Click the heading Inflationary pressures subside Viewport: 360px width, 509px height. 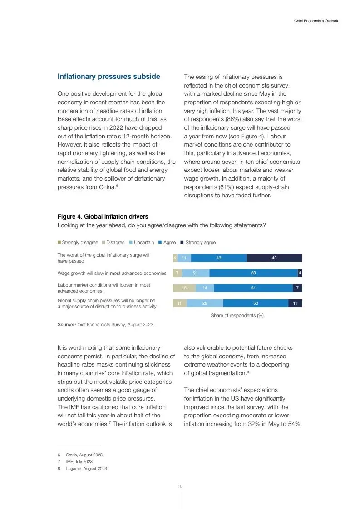tap(108, 77)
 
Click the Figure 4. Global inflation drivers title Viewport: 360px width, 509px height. tap(103, 217)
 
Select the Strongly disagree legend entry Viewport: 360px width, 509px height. tap(78, 243)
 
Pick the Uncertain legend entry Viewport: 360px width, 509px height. tap(142, 243)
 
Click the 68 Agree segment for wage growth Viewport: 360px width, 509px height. tap(253, 273)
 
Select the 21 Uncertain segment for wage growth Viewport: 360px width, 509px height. tap(196, 273)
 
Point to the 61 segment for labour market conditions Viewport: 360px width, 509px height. tap(253, 288)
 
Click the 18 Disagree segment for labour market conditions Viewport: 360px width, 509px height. tap(184, 288)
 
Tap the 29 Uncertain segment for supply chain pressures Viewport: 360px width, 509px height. tap(205, 303)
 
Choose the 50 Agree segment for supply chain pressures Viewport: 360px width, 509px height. tap(256, 303)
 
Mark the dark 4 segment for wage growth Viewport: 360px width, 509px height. tap(300, 273)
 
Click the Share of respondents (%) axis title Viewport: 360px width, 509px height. tap(237, 315)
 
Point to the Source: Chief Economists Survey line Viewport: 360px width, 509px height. tap(105, 325)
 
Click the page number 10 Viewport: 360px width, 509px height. tap(180, 486)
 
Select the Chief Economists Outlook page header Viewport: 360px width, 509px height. tap(316, 21)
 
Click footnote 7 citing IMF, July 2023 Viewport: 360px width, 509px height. tap(80, 462)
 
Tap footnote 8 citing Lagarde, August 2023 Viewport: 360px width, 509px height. tap(87, 469)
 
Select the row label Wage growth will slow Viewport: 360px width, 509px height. tap(112, 274)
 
